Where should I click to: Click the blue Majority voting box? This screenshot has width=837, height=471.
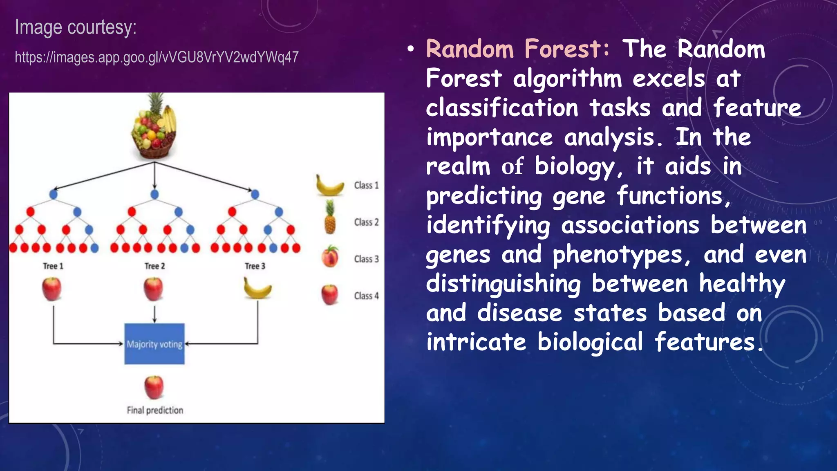(154, 344)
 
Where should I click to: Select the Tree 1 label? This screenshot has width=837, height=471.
(53, 266)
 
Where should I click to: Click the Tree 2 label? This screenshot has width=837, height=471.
(154, 266)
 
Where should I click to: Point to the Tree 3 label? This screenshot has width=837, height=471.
(255, 266)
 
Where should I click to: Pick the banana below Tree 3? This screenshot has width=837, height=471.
(257, 289)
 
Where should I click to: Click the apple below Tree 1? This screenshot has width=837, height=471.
(52, 289)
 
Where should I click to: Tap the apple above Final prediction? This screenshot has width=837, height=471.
(154, 387)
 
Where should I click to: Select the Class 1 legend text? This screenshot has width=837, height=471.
(366, 185)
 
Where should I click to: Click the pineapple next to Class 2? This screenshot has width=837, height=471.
(330, 218)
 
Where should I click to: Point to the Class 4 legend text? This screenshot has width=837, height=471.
(366, 296)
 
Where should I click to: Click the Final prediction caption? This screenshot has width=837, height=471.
(155, 410)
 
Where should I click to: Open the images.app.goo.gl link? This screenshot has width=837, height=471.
(157, 57)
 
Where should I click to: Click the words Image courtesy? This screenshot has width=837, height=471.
(76, 27)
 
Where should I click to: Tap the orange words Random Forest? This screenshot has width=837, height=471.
(517, 49)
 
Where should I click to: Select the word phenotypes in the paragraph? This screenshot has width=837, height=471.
(618, 255)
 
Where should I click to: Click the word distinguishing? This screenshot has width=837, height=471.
(503, 284)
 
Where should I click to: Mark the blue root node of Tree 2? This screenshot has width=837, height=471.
(154, 194)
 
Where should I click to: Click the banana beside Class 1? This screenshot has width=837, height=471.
(329, 186)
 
